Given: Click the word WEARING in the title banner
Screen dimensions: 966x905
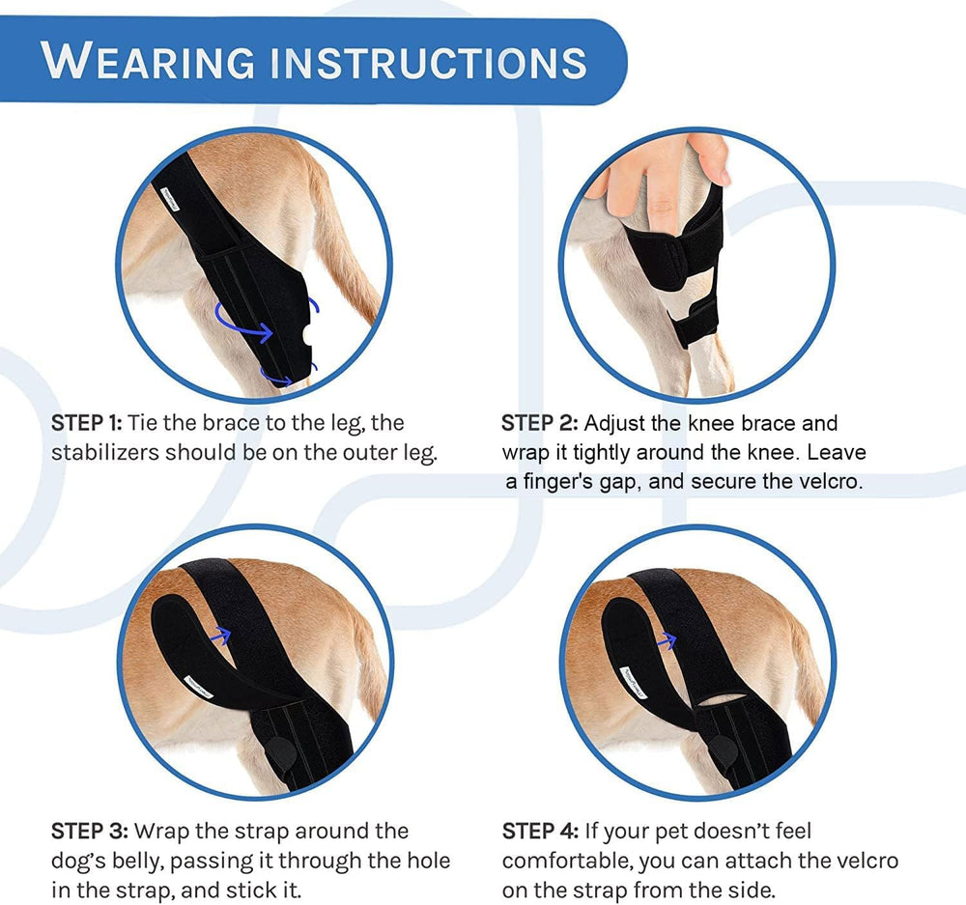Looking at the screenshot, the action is click(x=148, y=61).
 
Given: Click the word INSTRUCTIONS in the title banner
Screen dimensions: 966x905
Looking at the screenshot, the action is click(x=430, y=62).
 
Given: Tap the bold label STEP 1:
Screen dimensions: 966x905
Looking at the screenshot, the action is click(x=87, y=423).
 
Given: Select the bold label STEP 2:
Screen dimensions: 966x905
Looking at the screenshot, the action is click(x=540, y=423).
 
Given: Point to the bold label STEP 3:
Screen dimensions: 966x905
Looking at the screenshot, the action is click(x=90, y=831).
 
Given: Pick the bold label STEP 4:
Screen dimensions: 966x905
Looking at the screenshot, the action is click(x=540, y=831).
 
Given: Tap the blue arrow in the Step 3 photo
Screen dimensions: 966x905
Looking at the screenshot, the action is click(x=220, y=636).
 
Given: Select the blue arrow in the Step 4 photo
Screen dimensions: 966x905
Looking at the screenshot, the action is click(x=667, y=640).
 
